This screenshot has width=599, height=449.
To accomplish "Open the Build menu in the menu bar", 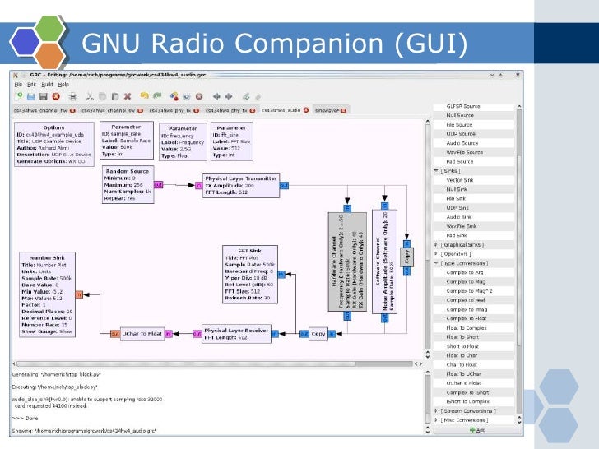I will pos(47,84).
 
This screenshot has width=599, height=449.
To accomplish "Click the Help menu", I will pos(63,84).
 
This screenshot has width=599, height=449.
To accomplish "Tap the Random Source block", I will pos(128,185).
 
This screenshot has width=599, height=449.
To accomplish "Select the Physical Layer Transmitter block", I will pos(240,186).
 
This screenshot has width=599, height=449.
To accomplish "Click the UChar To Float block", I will pos(142,334).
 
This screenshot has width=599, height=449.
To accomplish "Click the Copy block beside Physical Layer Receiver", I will pos(318,334).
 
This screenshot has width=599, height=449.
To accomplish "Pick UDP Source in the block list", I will pos(460,133).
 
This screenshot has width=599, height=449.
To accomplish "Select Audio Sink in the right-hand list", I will pos(460,216).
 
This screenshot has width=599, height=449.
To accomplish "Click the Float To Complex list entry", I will pos(467,327).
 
